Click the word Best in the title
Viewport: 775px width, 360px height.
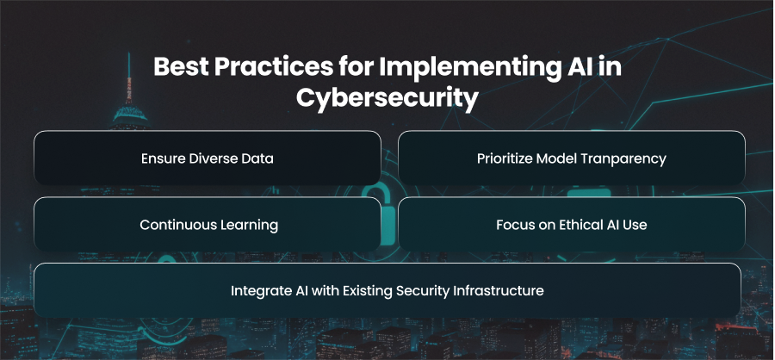[x=180, y=67]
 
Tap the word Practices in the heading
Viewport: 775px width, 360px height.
[x=273, y=67]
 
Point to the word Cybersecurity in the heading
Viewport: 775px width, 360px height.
[x=387, y=98]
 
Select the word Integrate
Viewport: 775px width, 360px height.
[x=256, y=291]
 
